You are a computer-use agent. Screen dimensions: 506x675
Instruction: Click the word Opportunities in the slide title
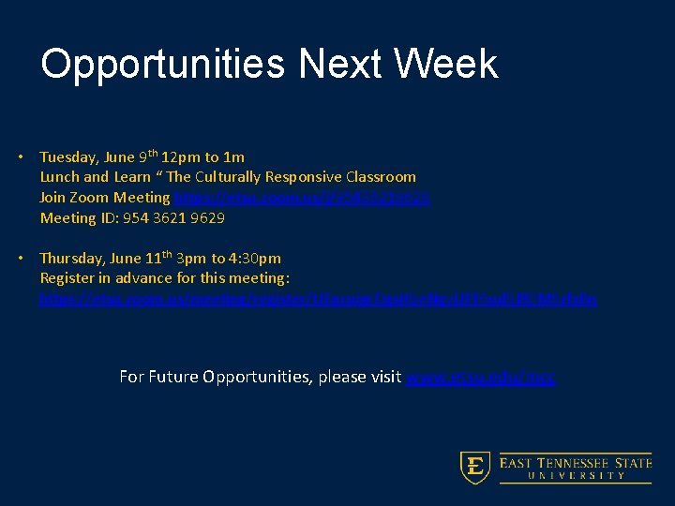tap(162, 65)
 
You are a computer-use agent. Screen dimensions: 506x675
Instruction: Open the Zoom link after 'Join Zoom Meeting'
tap(302, 198)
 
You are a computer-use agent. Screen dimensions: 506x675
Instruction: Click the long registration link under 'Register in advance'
tap(318, 299)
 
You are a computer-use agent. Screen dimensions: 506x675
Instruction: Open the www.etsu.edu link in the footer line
tap(480, 378)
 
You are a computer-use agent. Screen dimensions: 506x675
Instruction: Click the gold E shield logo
tap(475, 468)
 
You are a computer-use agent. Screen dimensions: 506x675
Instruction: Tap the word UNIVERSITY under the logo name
tap(576, 476)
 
